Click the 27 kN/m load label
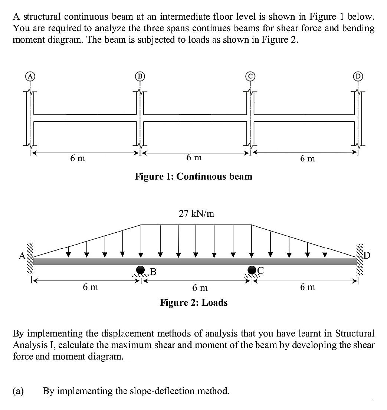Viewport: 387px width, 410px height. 196,213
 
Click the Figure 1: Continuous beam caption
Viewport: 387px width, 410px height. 193,176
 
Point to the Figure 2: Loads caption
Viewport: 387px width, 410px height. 194,303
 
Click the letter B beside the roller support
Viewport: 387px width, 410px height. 152,272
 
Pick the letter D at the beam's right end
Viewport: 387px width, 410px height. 367,256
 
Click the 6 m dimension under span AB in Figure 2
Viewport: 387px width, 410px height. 90,287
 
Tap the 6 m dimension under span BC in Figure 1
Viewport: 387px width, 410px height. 194,157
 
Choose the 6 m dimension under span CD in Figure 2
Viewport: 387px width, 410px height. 308,287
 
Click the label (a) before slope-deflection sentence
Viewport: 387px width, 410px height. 18,391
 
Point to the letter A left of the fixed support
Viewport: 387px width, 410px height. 22,255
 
